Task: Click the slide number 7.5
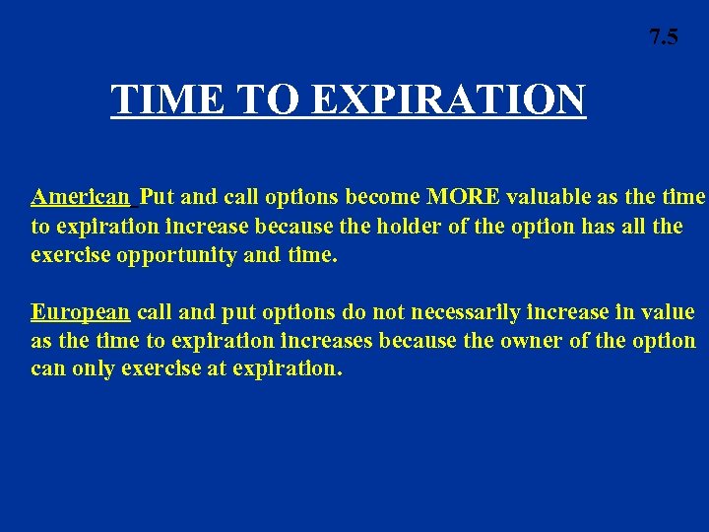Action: pyautogui.click(x=663, y=38)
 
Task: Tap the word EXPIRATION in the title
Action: pyautogui.click(x=449, y=100)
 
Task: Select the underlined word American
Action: pyautogui.click(x=80, y=196)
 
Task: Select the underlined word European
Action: pyautogui.click(x=80, y=312)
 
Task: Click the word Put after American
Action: pyautogui.click(x=157, y=196)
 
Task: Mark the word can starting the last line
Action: pyautogui.click(x=47, y=370)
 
